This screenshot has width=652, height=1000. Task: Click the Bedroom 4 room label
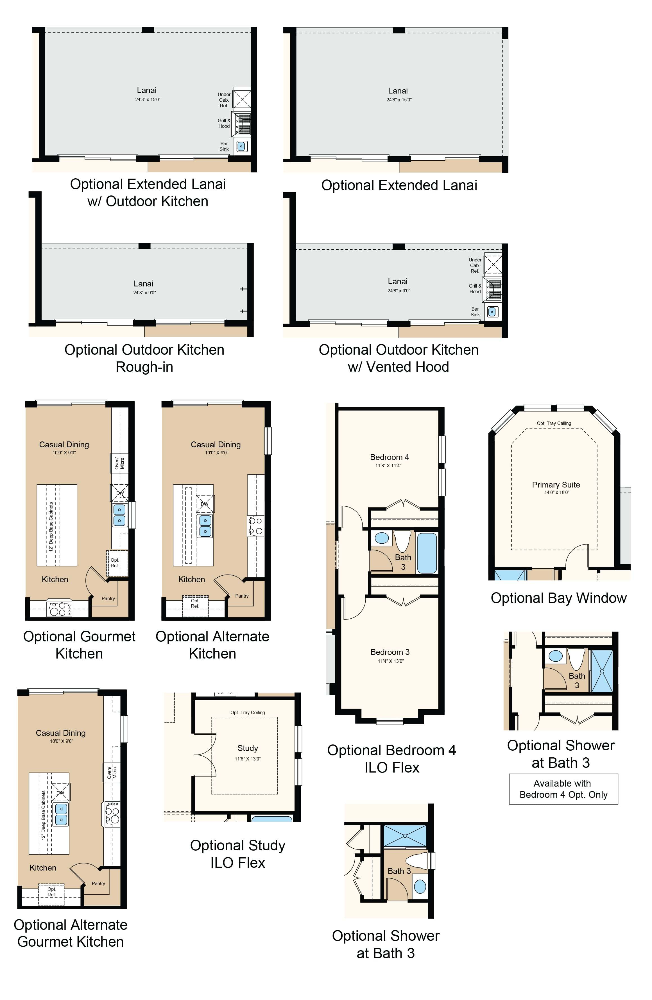coord(389,457)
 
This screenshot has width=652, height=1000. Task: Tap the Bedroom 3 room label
coord(390,652)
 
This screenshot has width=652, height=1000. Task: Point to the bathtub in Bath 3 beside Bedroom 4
coord(427,553)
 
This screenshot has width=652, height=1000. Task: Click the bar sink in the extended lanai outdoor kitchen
coord(241,146)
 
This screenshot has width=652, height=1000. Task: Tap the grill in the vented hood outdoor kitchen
coord(493,289)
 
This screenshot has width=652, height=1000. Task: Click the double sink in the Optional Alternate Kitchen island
coord(205,526)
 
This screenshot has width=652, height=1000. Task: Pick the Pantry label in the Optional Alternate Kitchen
coord(242,596)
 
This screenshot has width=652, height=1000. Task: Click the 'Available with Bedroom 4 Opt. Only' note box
coord(563,789)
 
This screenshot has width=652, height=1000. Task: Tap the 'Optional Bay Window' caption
coord(559,598)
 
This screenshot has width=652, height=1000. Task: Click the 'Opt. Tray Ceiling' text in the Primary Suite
coord(554,423)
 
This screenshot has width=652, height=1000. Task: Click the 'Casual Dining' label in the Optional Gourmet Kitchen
coord(64,445)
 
